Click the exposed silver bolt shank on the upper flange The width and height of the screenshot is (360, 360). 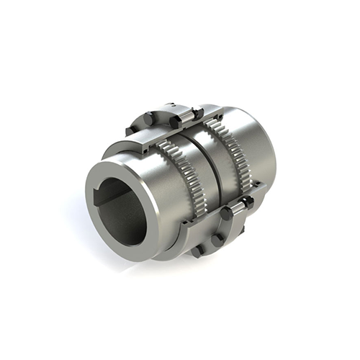click(185, 116)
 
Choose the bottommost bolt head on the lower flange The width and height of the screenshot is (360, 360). click(196, 251)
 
